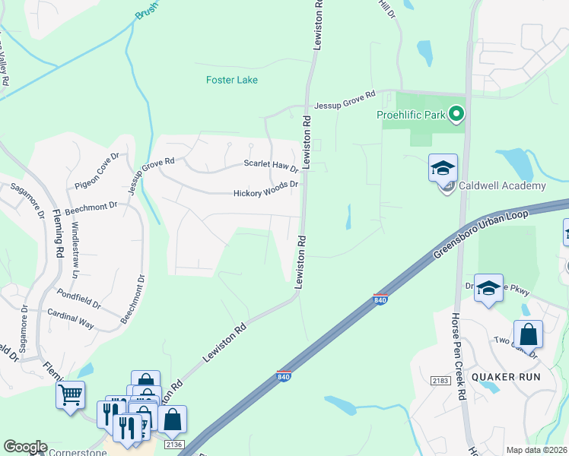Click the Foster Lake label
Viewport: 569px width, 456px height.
coord(232,80)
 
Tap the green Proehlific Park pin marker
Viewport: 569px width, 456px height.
coord(456,116)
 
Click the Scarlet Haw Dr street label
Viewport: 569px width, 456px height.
coord(271,165)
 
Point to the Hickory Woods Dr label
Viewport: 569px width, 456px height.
coord(265,193)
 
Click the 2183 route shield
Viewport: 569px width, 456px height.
coord(440,380)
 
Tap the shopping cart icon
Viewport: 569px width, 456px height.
coord(70,394)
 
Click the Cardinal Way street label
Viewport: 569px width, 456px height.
coord(71,318)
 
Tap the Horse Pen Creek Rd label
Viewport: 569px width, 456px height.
coord(458,356)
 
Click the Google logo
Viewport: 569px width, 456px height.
coord(25,448)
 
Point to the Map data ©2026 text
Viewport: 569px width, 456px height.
coord(536,450)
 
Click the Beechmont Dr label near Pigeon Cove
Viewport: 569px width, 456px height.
coord(91,205)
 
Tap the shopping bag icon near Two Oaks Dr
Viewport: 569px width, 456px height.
coord(528,334)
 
